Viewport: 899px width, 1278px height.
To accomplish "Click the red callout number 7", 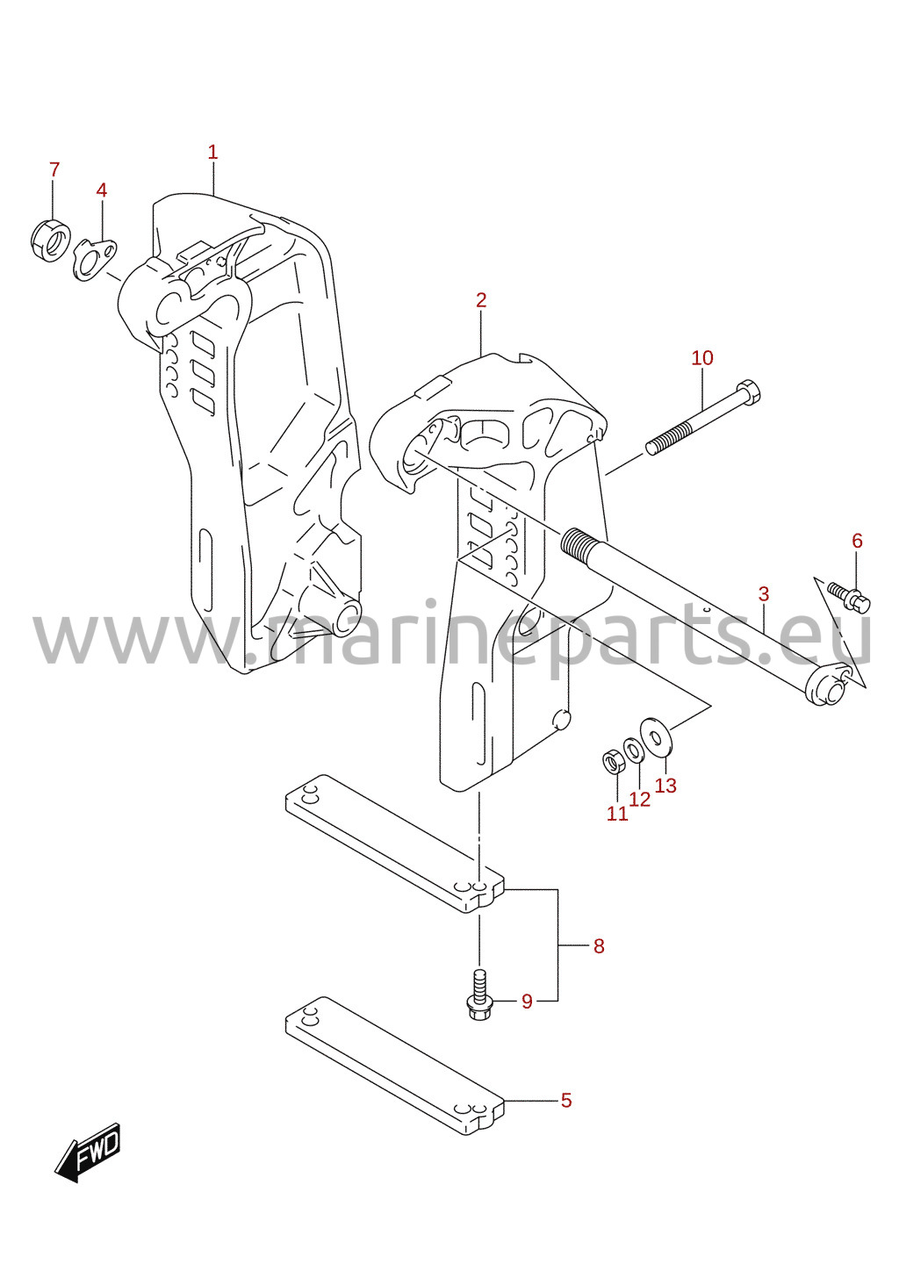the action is (54, 169).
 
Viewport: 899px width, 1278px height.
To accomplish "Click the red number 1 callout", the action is (212, 153).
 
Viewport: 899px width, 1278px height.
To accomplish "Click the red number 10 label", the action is (702, 358).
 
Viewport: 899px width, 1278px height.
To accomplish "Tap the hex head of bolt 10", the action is (748, 392).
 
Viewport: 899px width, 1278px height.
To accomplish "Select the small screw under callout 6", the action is (849, 597).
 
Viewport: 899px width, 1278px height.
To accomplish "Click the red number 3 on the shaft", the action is (764, 594).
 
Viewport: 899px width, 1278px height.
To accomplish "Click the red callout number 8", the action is (598, 946).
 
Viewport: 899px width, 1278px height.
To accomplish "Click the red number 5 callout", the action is (565, 1101).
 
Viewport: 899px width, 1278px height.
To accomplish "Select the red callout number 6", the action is (858, 541).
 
